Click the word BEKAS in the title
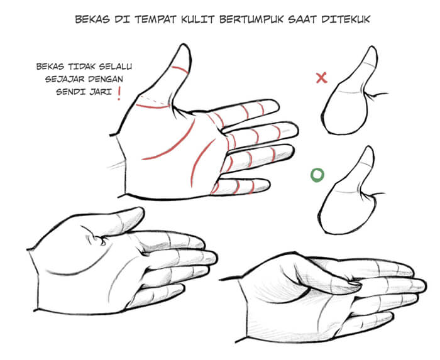pyautogui.click(x=92, y=19)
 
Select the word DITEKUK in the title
pyautogui.click(x=346, y=19)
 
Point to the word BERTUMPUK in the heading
pyautogui.click(x=251, y=19)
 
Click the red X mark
pyautogui.click(x=322, y=78)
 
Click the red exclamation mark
pyautogui.click(x=119, y=94)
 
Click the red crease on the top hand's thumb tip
pyautogui.click(x=180, y=70)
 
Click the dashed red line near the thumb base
pyautogui.click(x=154, y=99)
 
